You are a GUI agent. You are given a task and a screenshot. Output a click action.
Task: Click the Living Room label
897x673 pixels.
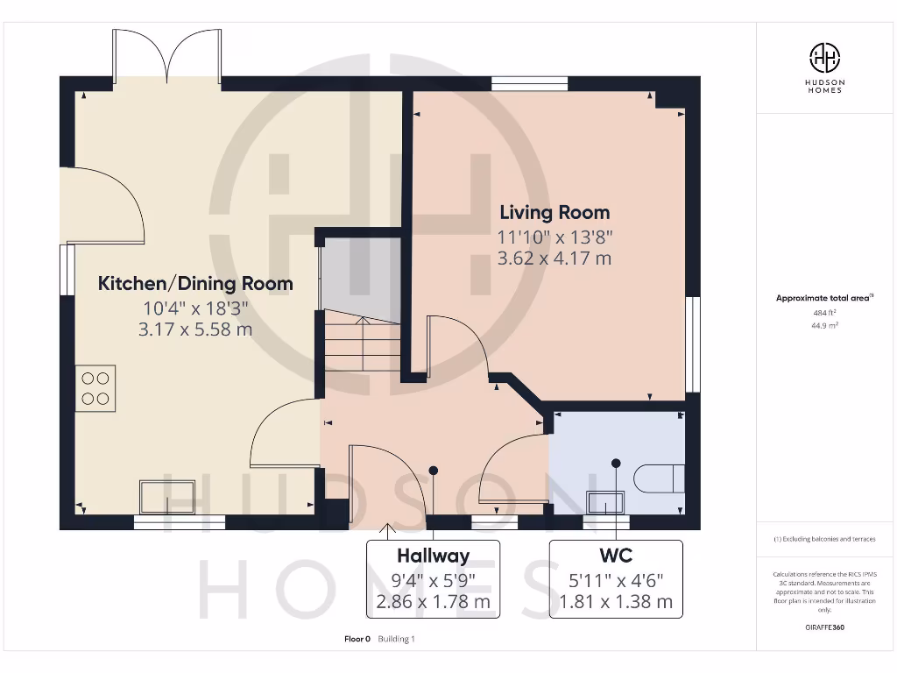coord(554,212)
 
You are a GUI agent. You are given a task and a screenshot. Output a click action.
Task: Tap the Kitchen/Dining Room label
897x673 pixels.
coord(194,284)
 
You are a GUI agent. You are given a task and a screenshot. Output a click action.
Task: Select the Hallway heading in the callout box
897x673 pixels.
coord(433,556)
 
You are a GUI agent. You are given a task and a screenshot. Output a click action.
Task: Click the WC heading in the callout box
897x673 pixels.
coord(615,556)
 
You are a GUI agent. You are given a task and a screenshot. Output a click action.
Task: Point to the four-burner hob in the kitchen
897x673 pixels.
coord(95,388)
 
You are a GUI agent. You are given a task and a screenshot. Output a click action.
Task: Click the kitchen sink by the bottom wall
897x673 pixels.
coord(168,497)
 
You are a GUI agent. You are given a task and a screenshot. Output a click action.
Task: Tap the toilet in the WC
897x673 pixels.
coord(658,478)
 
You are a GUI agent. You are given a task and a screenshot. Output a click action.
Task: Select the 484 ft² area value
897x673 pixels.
coord(824,312)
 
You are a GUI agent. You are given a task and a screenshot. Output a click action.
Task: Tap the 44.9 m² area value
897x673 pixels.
coord(824,324)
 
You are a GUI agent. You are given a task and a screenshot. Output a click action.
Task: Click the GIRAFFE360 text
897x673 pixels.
coord(824,627)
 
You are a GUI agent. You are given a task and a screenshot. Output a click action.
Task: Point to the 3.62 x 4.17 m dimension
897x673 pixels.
coord(554,259)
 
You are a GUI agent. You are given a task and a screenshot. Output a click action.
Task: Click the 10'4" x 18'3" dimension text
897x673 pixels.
coord(194,308)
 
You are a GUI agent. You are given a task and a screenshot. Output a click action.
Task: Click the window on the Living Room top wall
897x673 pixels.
coord(529,84)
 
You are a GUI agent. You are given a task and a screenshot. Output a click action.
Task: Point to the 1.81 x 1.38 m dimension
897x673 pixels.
coord(615,602)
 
